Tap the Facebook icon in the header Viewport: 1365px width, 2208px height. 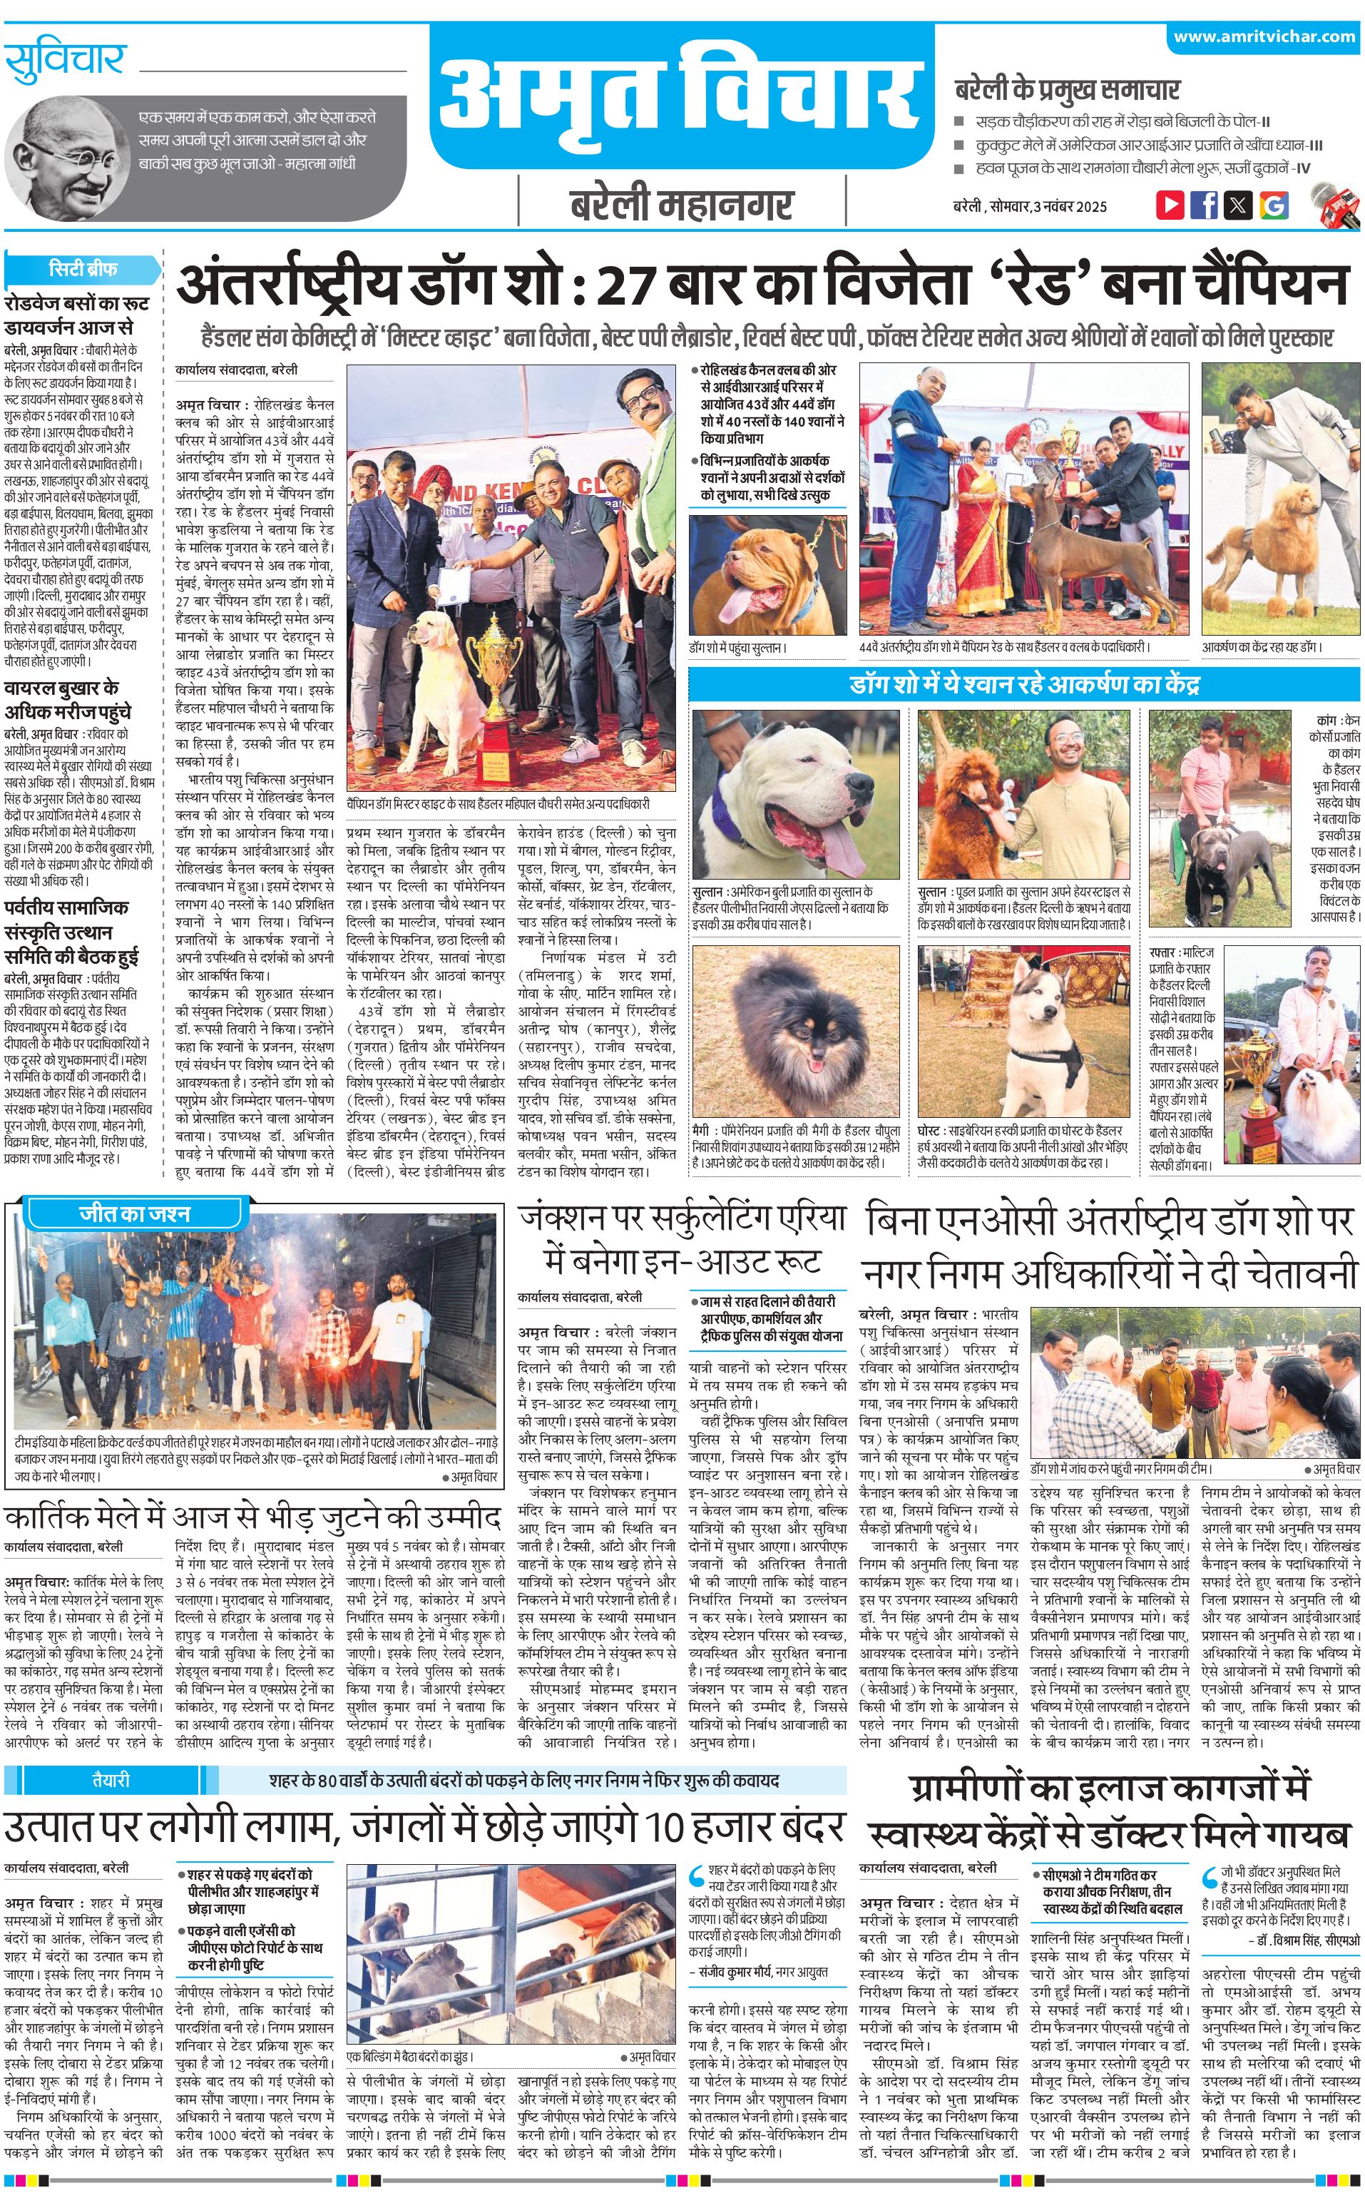pyautogui.click(x=1203, y=205)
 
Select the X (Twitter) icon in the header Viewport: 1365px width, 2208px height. pyautogui.click(x=1238, y=205)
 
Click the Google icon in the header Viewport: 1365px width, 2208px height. pyautogui.click(x=1273, y=205)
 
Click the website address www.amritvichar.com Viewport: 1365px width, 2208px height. pyautogui.click(x=1263, y=37)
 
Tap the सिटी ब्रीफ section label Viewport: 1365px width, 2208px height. pyautogui.click(x=83, y=269)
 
